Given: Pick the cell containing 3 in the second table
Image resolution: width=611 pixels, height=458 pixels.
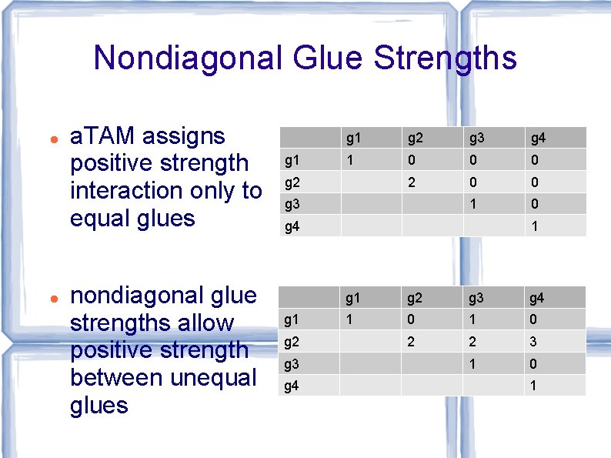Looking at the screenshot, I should pyautogui.click(x=533, y=342).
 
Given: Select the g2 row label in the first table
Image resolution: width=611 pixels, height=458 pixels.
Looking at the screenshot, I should pyautogui.click(x=292, y=183).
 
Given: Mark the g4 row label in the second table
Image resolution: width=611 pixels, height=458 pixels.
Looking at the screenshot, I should pyautogui.click(x=292, y=386).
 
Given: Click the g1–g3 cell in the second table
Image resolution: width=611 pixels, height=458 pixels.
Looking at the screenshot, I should pyautogui.click(x=474, y=319).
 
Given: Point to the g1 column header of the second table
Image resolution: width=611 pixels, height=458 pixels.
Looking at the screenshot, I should pyautogui.click(x=354, y=298).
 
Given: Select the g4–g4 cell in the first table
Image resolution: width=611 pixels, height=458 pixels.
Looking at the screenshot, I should pyautogui.click(x=535, y=226).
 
